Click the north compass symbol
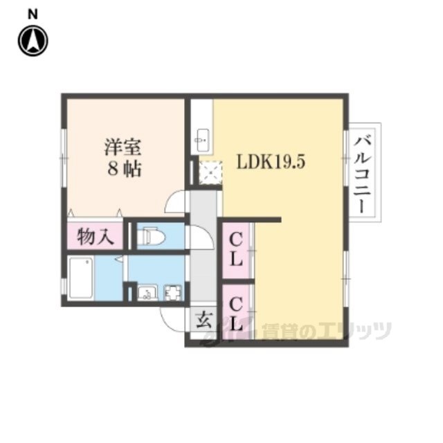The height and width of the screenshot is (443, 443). coord(33,41)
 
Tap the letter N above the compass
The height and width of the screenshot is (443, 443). coord(33,14)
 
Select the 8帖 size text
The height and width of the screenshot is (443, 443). coord(124,169)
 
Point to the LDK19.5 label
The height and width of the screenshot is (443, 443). coord(271,163)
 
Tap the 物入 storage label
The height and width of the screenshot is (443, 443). coord(96,237)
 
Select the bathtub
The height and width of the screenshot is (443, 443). coord(81,278)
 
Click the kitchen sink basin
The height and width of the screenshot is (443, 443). coord(201,140)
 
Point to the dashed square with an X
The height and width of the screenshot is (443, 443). coord(210,172)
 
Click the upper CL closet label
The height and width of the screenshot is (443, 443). coord(236,251)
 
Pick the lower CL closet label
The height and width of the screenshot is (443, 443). coord(236,314)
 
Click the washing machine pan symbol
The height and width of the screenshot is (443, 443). coord(173,292)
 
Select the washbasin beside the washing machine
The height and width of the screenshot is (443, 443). coord(146,292)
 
